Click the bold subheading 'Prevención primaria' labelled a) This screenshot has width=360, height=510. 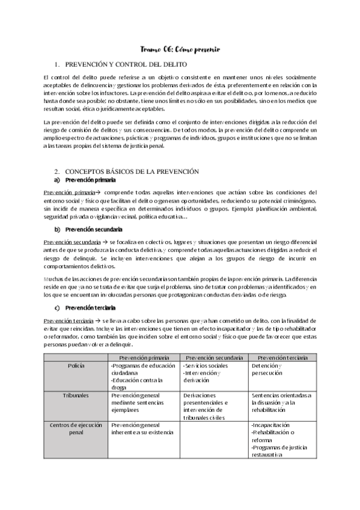coord(90,180)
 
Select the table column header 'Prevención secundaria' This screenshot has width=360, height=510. coord(214,357)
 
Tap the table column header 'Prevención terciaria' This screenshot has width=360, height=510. coord(282,357)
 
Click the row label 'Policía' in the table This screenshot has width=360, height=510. coord(76,365)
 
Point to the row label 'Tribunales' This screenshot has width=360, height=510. coord(76,395)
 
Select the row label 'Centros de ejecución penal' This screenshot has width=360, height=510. coord(76,429)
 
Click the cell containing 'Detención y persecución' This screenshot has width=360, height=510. coord(282,369)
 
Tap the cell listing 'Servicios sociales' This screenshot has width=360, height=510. coord(214,373)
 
